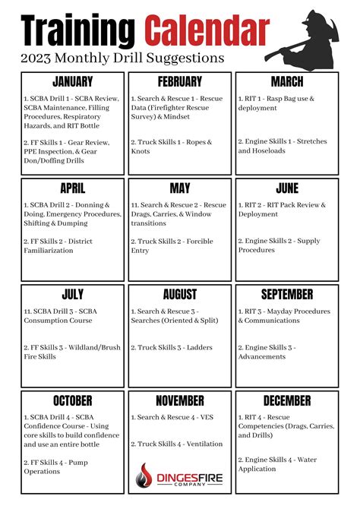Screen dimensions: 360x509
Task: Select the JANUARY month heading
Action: (72, 81)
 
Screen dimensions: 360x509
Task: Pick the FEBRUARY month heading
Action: (179, 81)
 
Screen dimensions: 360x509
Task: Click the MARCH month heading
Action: (286, 81)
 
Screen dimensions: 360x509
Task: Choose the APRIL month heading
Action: (72, 188)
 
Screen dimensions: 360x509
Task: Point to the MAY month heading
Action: (179, 188)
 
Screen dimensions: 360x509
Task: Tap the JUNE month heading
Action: (286, 188)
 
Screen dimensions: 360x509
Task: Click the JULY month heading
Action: (72, 294)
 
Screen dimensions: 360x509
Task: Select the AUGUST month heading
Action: (179, 294)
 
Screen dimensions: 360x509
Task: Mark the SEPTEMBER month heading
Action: (286, 294)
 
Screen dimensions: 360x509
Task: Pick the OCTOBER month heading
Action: (72, 400)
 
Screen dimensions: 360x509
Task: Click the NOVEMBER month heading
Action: (179, 400)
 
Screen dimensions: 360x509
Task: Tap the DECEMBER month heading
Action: (286, 400)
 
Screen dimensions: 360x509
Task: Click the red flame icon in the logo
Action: (144, 476)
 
